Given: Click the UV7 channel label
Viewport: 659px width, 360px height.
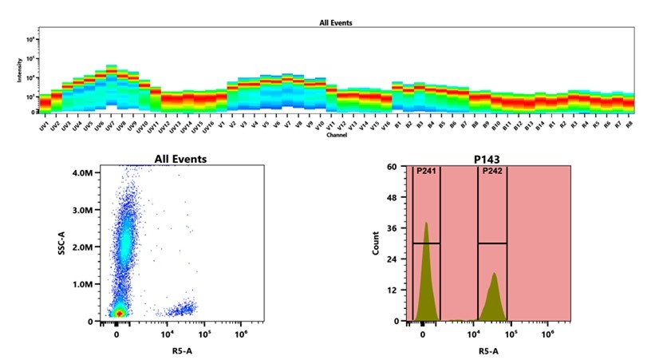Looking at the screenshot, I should tap(109, 126).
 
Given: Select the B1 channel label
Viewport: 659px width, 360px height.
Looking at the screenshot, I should tap(397, 125).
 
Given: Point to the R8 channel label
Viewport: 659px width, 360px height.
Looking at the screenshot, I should tap(629, 125).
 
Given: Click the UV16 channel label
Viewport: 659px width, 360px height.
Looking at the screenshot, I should tap(207, 127).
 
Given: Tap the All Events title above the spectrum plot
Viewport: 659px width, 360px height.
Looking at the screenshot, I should tap(336, 22).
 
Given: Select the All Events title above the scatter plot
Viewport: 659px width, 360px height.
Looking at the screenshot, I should tap(180, 159).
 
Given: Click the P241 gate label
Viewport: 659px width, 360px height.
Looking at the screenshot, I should tap(426, 171).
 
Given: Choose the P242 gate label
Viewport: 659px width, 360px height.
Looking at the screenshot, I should tap(491, 171).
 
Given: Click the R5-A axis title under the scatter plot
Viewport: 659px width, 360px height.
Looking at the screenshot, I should tap(180, 350).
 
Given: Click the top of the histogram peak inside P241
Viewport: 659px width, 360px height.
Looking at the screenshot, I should tap(427, 224).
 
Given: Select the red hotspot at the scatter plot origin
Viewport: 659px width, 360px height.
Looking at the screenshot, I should tap(118, 314).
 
